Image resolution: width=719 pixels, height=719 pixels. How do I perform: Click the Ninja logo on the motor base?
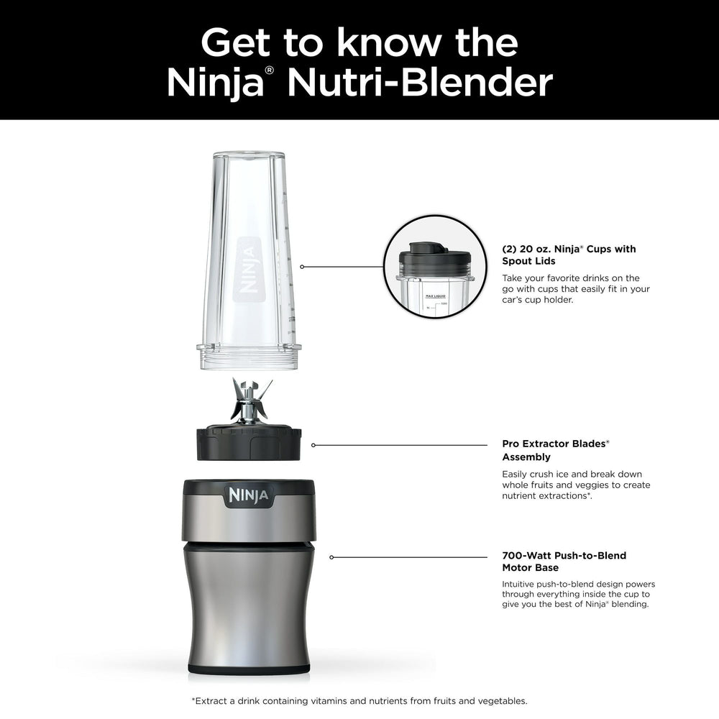[x=249, y=495]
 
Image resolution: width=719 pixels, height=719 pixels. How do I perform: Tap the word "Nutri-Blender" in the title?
[x=420, y=83]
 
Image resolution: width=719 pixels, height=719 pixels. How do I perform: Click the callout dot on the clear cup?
[x=302, y=267]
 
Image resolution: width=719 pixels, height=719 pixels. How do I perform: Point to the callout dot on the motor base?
[x=331, y=557]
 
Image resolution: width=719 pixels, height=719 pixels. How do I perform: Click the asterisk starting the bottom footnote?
[x=193, y=700]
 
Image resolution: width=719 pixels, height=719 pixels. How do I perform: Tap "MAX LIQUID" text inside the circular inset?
[x=436, y=296]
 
